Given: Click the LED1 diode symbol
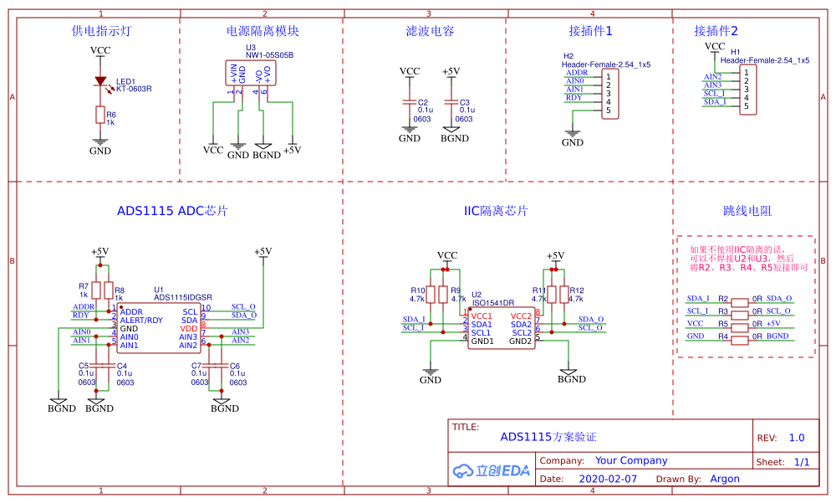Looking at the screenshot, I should point(100,82).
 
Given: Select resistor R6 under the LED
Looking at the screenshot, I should point(100,115).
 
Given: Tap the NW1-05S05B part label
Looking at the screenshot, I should point(269,55).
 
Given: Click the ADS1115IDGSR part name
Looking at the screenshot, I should point(183,297).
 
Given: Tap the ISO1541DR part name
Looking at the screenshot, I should point(493,303).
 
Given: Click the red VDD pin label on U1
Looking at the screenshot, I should point(189,329).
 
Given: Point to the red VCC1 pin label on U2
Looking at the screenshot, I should point(482,316).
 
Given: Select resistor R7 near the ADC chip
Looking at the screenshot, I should point(97,290).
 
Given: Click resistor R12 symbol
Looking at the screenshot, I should point(563,294).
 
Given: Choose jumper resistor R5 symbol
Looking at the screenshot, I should point(739,324).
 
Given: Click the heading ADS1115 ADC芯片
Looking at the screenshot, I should point(173,211).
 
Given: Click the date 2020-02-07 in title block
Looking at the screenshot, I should point(608,480).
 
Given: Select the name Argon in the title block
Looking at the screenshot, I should point(725,480).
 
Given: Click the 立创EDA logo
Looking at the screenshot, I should point(492,470).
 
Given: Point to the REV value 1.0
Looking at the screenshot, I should point(796,438).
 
